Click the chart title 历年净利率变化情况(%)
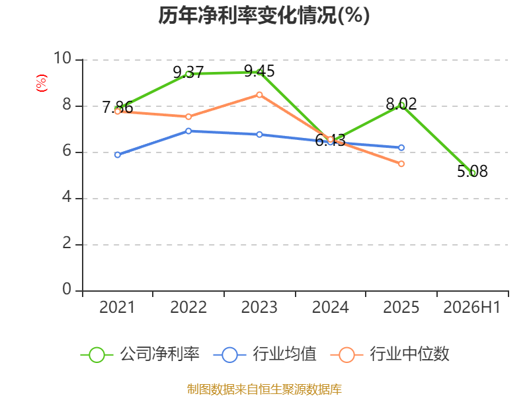click(264, 15)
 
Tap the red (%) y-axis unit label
click(42, 83)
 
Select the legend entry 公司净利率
click(140, 354)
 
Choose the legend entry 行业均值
click(265, 354)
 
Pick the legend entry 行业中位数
click(390, 354)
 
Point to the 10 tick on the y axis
click(62, 58)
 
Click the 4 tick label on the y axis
click(67, 197)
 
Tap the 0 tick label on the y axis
click(67, 289)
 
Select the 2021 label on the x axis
click(117, 308)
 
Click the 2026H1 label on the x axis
click(471, 308)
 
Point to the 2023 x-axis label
click(259, 308)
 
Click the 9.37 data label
click(188, 73)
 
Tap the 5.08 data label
click(472, 172)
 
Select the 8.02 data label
click(401, 104)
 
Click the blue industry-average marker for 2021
click(118, 155)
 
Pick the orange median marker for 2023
click(259, 95)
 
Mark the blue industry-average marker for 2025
click(401, 148)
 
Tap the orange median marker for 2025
click(401, 164)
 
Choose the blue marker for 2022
click(188, 131)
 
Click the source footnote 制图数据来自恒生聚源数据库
click(264, 389)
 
